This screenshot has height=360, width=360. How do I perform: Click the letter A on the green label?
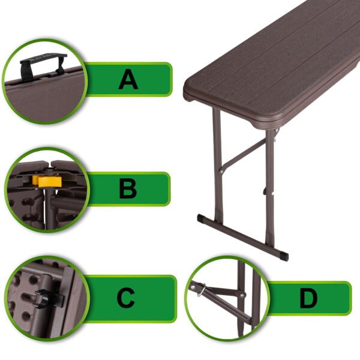128,79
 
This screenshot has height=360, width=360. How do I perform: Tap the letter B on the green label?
128,188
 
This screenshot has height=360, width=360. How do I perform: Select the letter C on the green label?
126,298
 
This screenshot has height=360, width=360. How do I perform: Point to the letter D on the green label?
308,298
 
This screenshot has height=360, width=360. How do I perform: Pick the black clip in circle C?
47,298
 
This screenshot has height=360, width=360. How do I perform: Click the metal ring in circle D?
201,290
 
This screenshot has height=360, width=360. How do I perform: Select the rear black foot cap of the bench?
201,218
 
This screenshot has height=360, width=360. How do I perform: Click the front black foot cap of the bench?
284,256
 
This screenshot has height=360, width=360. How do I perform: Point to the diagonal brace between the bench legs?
244,154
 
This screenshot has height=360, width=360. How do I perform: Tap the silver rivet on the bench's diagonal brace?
221,171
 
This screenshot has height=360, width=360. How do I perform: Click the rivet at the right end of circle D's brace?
242,295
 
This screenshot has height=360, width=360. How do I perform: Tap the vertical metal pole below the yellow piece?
49,208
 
